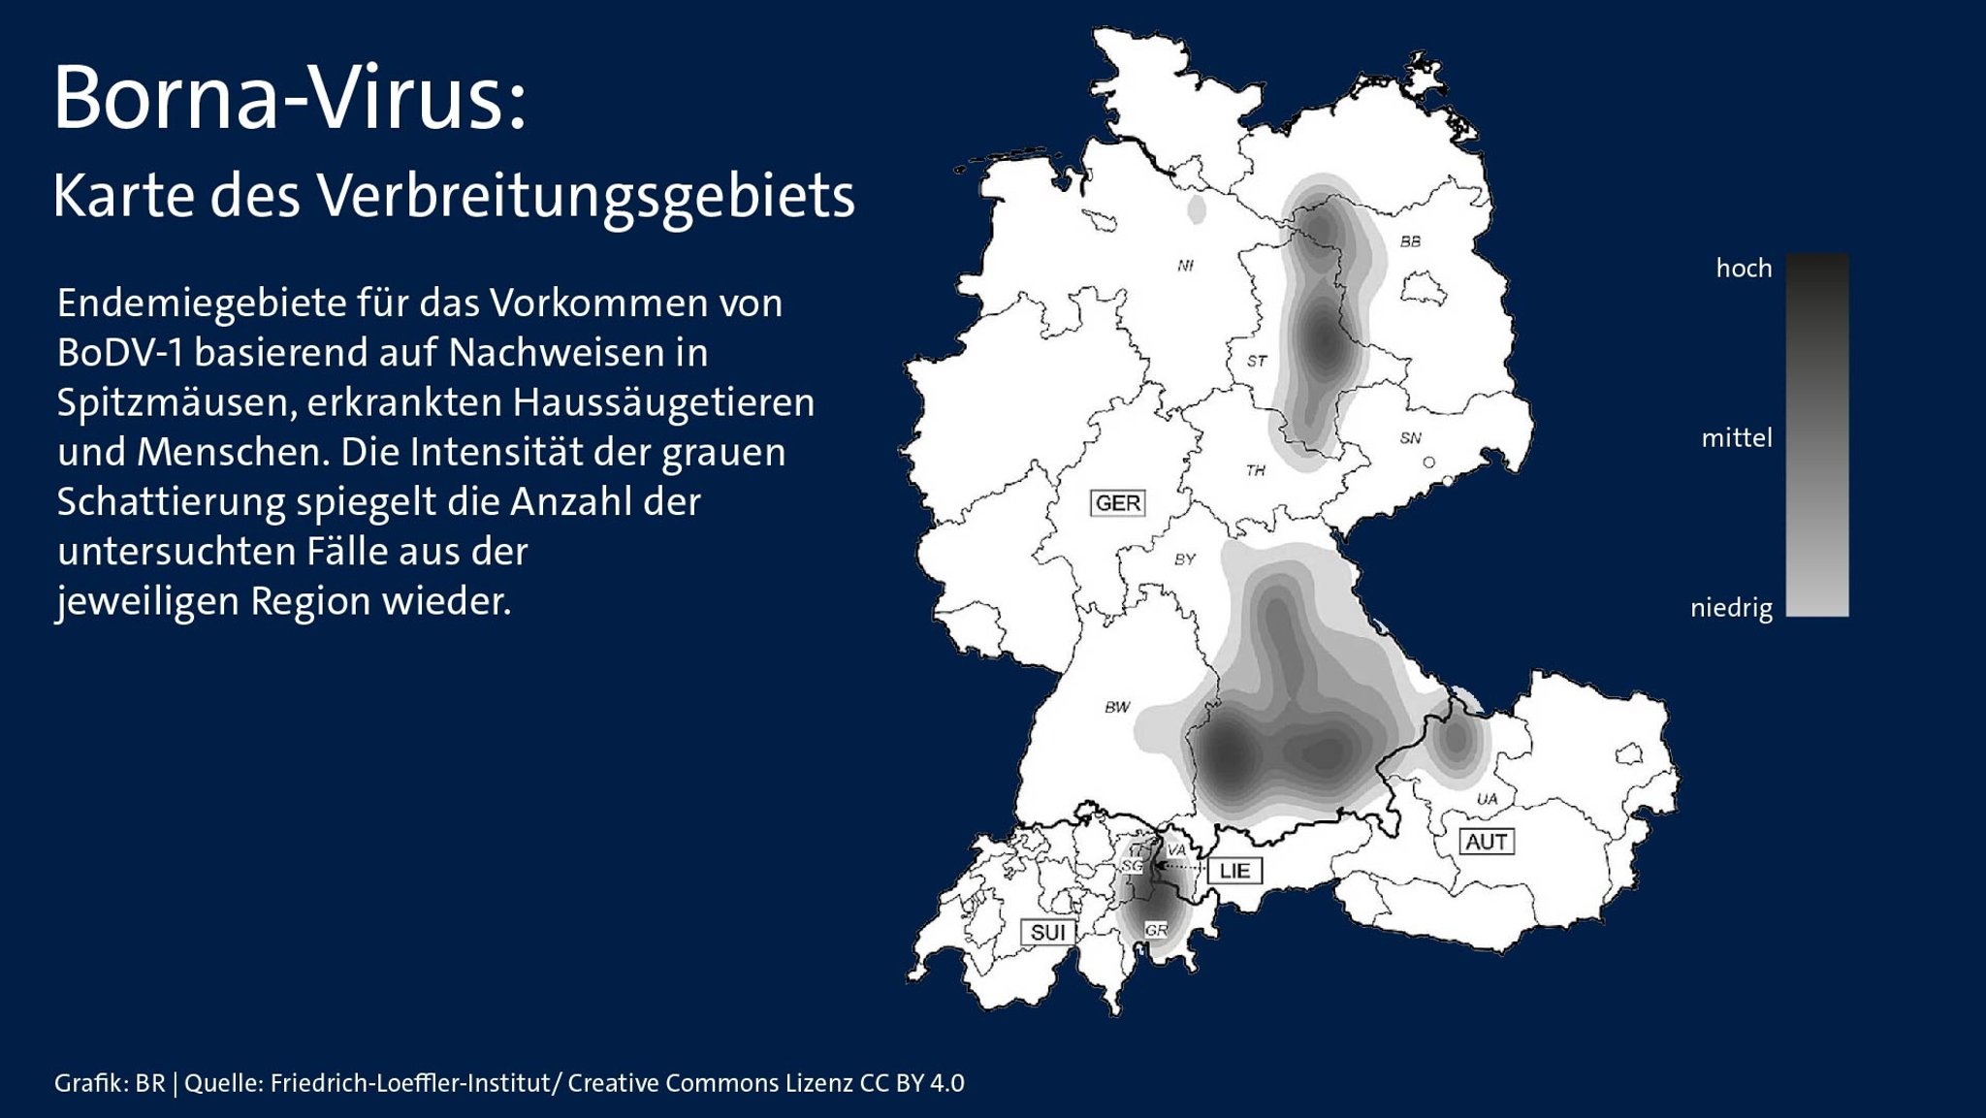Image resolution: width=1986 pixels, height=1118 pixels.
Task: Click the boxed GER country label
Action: coord(1118,503)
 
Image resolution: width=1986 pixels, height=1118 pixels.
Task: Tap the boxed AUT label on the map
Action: coord(1486,842)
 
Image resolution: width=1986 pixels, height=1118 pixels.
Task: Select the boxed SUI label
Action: coord(1048,933)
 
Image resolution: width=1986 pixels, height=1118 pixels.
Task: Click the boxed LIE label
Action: coord(1234,871)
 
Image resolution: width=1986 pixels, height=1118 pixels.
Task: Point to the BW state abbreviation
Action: coord(1117,707)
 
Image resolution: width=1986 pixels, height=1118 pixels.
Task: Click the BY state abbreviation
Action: coord(1185,559)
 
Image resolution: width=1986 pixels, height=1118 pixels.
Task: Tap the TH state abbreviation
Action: coord(1255,470)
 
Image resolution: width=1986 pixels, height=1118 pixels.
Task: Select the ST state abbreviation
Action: coord(1257,361)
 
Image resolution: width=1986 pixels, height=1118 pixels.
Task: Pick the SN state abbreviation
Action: coord(1410,438)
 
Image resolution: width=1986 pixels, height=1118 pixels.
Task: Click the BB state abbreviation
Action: coord(1410,241)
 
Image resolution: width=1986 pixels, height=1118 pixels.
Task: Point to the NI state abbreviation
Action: coord(1185,266)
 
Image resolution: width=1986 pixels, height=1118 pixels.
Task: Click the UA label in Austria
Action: coord(1487,799)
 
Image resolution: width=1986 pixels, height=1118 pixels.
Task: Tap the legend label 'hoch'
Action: coord(1744,269)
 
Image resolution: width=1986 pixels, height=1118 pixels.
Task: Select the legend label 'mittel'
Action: coord(1736,438)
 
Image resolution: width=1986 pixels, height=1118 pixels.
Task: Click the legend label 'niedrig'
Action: coord(1731,609)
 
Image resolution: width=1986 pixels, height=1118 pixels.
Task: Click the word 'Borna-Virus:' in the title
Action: coord(290,99)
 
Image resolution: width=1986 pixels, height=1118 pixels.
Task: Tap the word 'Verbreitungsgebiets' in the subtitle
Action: coord(587,197)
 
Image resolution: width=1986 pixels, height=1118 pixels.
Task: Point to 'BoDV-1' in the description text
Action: coord(119,353)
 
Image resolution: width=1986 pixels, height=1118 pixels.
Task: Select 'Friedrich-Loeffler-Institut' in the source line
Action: coord(410,1083)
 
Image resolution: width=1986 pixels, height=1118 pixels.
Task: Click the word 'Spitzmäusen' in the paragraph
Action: coord(176,402)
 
